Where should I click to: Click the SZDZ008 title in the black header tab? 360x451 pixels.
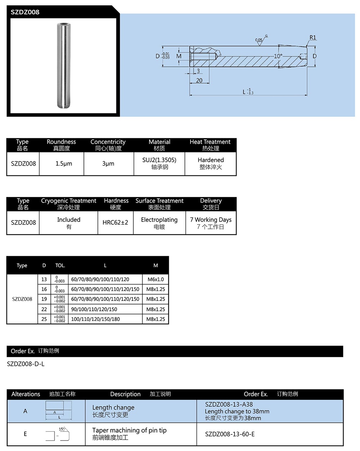25,12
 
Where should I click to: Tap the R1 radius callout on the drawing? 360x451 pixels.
312,37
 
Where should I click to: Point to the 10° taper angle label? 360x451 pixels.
278,56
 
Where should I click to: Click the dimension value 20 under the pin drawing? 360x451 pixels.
199,80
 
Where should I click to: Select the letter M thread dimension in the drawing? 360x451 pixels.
179,56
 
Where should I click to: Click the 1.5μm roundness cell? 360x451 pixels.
64,164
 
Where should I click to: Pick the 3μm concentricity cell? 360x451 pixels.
108,164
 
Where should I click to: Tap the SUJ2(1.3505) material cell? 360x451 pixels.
159,160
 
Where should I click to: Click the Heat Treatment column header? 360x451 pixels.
210,142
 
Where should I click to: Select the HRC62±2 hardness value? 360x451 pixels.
115,223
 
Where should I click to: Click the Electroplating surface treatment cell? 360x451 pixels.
159,220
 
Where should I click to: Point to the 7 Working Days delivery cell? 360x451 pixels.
211,220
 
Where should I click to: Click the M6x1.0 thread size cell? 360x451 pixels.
156,279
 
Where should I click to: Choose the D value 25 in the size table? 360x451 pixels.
44,319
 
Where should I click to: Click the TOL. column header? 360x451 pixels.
60,265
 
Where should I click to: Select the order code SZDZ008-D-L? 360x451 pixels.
26,364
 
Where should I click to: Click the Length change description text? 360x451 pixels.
113,407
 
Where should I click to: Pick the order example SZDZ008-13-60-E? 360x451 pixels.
230,434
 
